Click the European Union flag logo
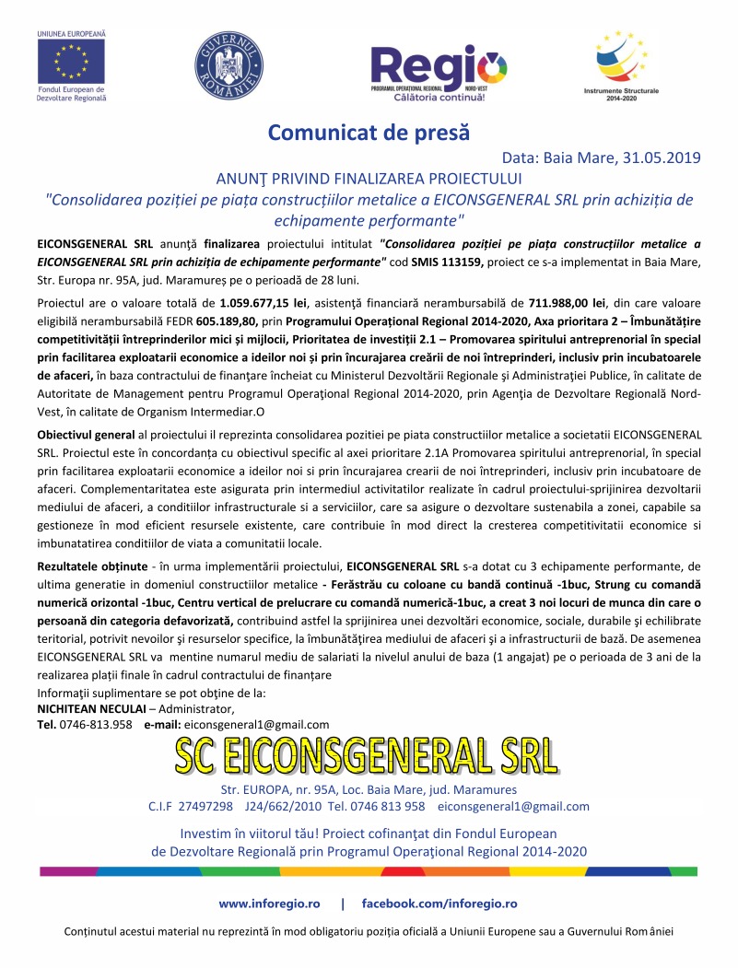click(x=71, y=62)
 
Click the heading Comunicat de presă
click(x=369, y=132)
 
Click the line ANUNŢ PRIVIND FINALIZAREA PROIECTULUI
click(x=369, y=178)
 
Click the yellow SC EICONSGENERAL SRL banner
click(x=368, y=757)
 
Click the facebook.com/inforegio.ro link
click(x=439, y=904)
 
